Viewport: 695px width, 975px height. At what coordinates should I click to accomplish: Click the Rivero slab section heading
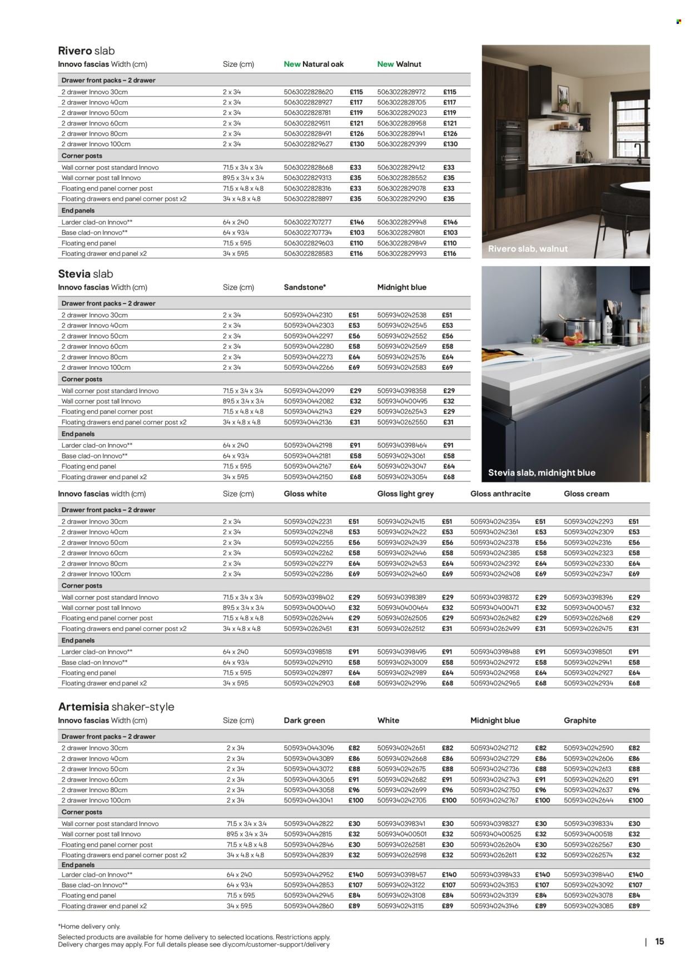[86, 51]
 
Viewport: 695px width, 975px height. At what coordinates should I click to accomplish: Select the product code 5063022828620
[308, 92]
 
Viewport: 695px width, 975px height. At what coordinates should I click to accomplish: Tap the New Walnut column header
[399, 64]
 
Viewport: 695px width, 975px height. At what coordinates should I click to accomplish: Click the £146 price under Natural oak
[356, 222]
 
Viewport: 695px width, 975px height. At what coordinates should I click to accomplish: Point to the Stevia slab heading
[86, 273]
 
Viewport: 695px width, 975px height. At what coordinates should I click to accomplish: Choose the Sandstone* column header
[305, 287]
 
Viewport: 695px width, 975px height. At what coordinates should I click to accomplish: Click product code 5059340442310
[308, 315]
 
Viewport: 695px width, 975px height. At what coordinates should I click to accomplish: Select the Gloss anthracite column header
[500, 494]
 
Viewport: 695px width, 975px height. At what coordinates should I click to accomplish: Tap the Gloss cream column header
[586, 494]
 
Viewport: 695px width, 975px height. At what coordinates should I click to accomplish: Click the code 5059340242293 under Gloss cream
[588, 522]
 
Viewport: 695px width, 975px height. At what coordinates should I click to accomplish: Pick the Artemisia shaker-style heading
[116, 707]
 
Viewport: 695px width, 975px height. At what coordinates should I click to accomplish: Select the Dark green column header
[304, 720]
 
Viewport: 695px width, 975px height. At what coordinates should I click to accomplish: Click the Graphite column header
[579, 720]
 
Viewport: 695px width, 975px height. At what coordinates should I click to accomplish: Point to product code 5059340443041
[308, 800]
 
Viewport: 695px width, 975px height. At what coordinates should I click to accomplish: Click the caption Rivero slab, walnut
[528, 248]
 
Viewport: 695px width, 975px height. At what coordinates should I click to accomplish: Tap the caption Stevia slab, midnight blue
[541, 472]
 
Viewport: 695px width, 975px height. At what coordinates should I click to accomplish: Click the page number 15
[659, 942]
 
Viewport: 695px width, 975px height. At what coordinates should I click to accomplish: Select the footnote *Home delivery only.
[89, 927]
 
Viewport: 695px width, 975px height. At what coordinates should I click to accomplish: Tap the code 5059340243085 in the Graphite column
[588, 906]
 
